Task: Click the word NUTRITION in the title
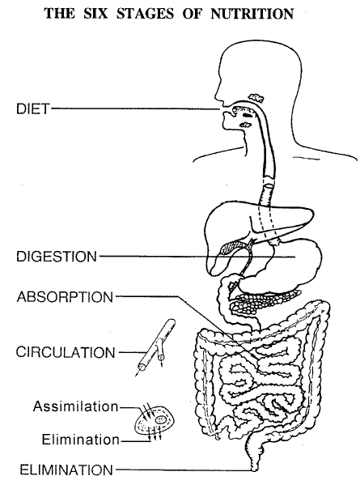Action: [x=252, y=14]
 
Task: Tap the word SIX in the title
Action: [x=95, y=14]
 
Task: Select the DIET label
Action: [x=33, y=108]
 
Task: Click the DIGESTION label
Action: [x=57, y=257]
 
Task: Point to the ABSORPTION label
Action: [x=65, y=297]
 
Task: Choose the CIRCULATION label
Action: [x=66, y=352]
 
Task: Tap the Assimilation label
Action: [x=76, y=406]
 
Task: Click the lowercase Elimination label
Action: [x=81, y=440]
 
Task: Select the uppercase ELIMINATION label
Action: [x=66, y=470]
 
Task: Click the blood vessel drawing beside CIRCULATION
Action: [x=156, y=347]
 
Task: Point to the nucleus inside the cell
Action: [x=161, y=419]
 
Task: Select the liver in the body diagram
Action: [x=237, y=224]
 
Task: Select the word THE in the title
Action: [x=60, y=14]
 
